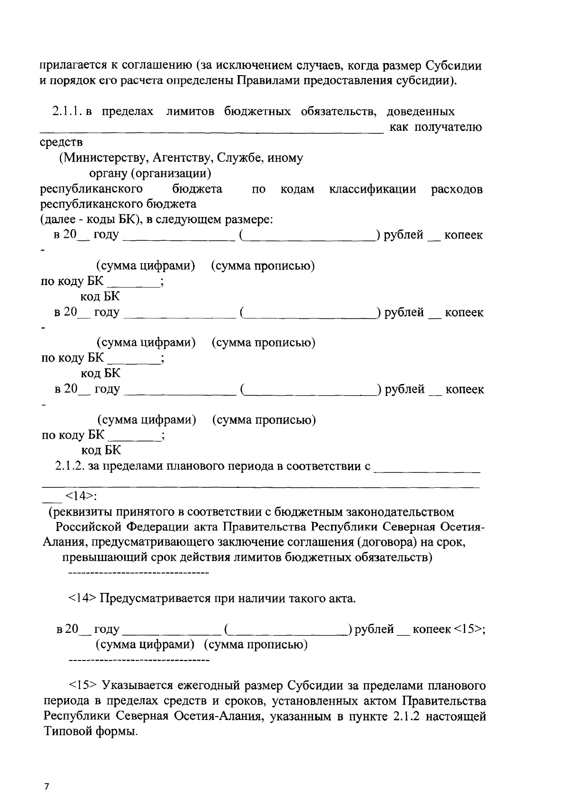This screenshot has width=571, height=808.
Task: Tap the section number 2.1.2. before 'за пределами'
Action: pyautogui.click(x=69, y=466)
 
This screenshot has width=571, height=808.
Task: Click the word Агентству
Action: pyautogui.click(x=181, y=158)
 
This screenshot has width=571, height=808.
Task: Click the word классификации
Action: pyautogui.click(x=373, y=189)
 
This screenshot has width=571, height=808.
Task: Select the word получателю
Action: pyautogui.click(x=448, y=128)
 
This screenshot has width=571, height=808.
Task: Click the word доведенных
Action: pyautogui.click(x=420, y=112)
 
